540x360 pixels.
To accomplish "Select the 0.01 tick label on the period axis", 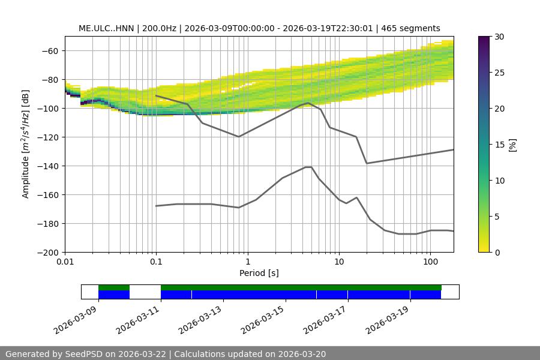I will (x=65, y=262).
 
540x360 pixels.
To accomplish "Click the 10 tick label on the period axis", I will (x=338, y=262).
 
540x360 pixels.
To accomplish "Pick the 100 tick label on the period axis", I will (x=430, y=262).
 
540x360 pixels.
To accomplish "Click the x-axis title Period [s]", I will (x=259, y=273).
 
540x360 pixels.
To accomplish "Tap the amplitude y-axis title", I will (x=26, y=144).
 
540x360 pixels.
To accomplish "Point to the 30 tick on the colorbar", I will (x=499, y=37).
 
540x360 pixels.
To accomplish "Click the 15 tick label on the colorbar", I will (x=499, y=145).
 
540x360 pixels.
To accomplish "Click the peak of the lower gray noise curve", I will (x=308, y=167).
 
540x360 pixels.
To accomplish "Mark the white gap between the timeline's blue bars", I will (x=145, y=292).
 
